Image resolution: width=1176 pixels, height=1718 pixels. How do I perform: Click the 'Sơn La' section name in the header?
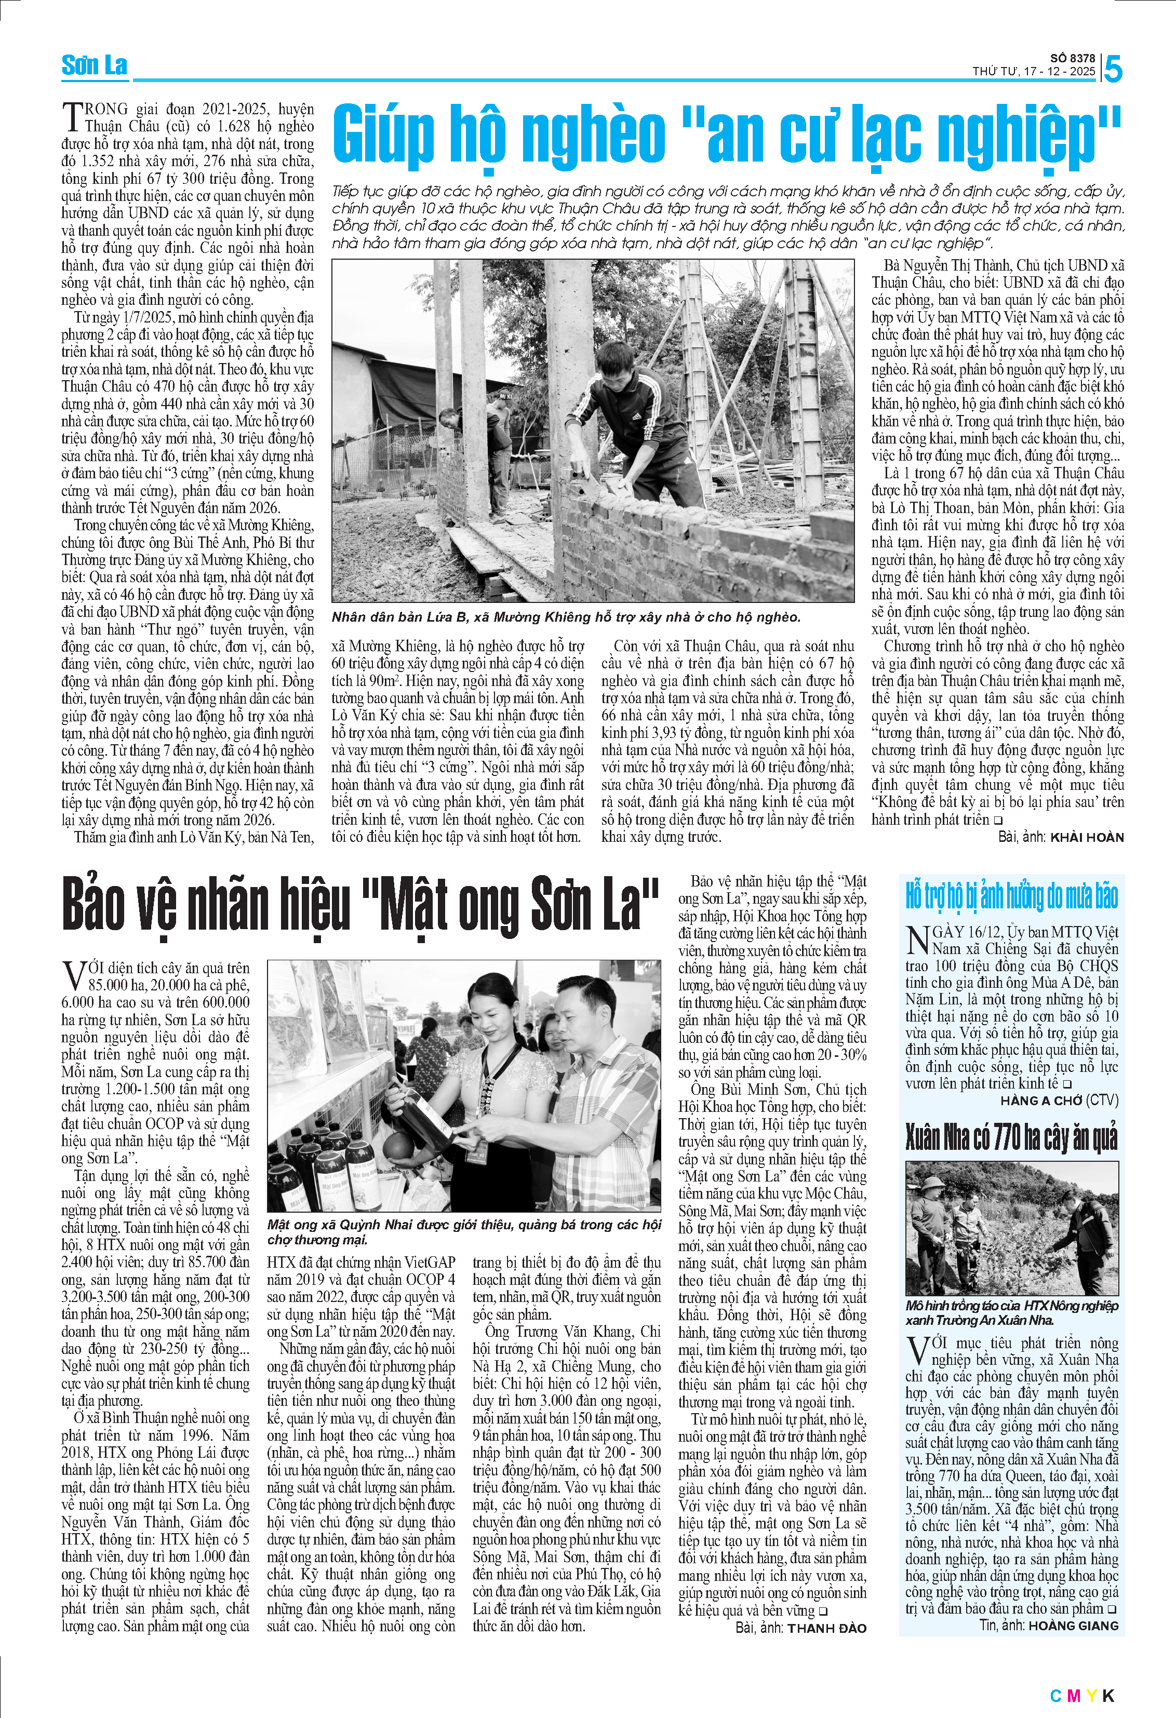click(94, 66)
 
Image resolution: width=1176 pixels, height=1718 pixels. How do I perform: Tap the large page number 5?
click(1113, 70)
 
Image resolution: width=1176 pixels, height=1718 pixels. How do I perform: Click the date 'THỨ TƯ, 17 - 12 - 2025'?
click(1033, 72)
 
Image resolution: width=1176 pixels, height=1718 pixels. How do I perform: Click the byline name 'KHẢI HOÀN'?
click(1087, 838)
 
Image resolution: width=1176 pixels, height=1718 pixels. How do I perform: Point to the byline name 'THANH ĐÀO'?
click(826, 1628)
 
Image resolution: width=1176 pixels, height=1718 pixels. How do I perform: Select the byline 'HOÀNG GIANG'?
click(1073, 1626)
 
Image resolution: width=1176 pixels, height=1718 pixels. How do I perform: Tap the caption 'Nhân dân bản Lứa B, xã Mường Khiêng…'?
click(566, 618)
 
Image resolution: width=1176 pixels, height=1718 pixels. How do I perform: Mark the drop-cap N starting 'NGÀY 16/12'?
click(917, 939)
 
